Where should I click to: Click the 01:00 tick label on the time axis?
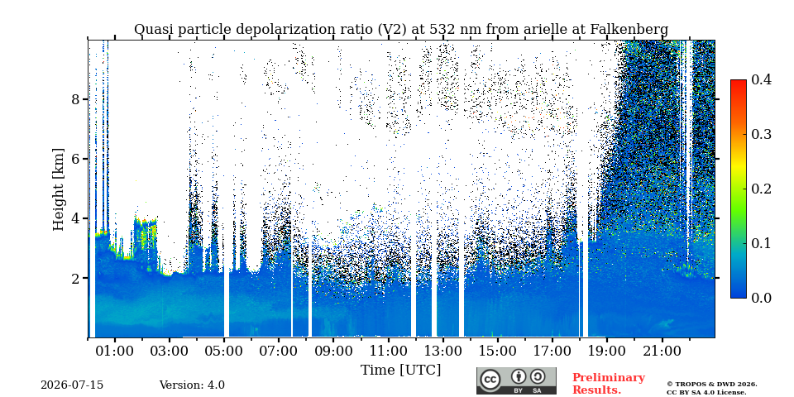(x=115, y=351)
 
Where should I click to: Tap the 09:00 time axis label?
(x=334, y=351)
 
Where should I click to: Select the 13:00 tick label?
(x=443, y=351)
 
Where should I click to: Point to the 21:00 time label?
(x=662, y=351)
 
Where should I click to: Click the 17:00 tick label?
(x=553, y=351)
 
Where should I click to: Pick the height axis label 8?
(x=76, y=98)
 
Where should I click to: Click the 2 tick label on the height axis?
(x=76, y=278)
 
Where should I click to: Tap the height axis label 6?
(x=76, y=159)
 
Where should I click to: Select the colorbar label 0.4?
(x=761, y=79)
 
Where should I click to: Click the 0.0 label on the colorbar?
(x=761, y=298)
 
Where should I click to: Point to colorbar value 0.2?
(x=761, y=189)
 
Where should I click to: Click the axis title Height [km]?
(x=59, y=189)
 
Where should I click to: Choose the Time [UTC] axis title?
(x=400, y=371)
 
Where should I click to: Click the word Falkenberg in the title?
(x=629, y=30)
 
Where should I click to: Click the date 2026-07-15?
(x=72, y=385)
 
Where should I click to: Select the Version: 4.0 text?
(x=192, y=385)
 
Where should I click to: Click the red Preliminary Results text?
(x=609, y=383)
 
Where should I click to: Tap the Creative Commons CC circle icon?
(x=490, y=380)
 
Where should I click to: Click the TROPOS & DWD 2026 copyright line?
(x=712, y=385)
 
